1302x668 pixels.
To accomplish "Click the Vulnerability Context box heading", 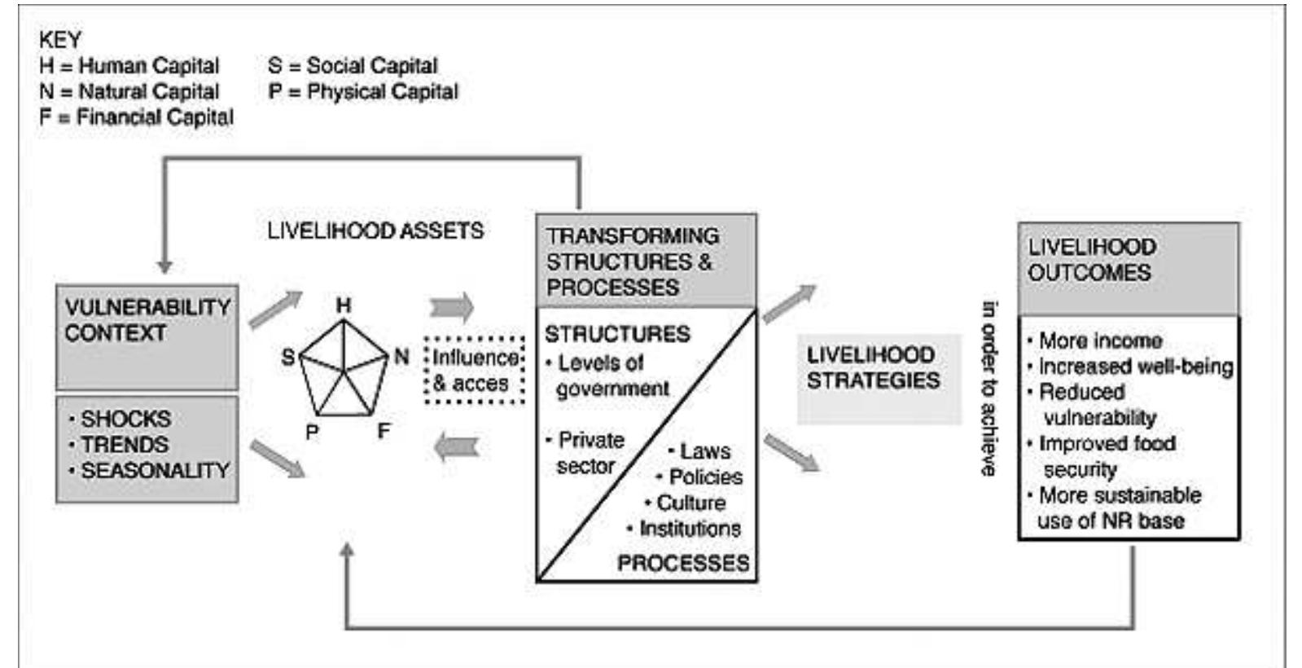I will coord(147,320).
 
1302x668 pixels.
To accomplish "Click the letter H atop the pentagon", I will coord(344,305).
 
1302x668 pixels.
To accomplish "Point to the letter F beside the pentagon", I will coord(384,431).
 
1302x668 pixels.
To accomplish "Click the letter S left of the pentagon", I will coord(288,357).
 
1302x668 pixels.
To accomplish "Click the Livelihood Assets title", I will coord(375,231).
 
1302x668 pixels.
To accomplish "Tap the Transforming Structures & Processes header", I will coord(633,261).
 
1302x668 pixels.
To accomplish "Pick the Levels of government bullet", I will coord(607,376).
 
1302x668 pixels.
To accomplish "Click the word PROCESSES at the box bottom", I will coord(682,564).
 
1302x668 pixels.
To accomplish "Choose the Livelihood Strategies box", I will coord(874,368).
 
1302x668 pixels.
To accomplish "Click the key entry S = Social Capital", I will coord(353,66).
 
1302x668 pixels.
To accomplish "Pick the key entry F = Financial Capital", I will coord(136,117).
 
